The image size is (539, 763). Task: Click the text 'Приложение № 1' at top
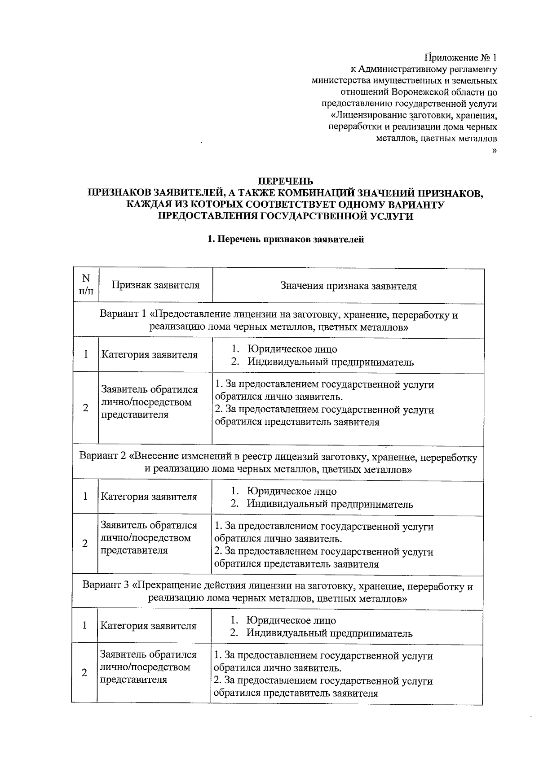461,58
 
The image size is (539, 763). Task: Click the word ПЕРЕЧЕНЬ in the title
284,182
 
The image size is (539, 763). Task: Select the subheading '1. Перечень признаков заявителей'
285,239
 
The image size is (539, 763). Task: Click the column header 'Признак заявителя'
155,285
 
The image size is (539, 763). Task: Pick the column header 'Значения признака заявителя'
348,286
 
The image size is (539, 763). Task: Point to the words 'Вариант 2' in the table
102,457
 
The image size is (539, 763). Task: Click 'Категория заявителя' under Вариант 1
149,355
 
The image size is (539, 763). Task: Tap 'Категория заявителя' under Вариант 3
148,626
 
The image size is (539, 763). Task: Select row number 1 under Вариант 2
85,497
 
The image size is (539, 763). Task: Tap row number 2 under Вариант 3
84,673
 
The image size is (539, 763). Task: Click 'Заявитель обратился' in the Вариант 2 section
149,525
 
